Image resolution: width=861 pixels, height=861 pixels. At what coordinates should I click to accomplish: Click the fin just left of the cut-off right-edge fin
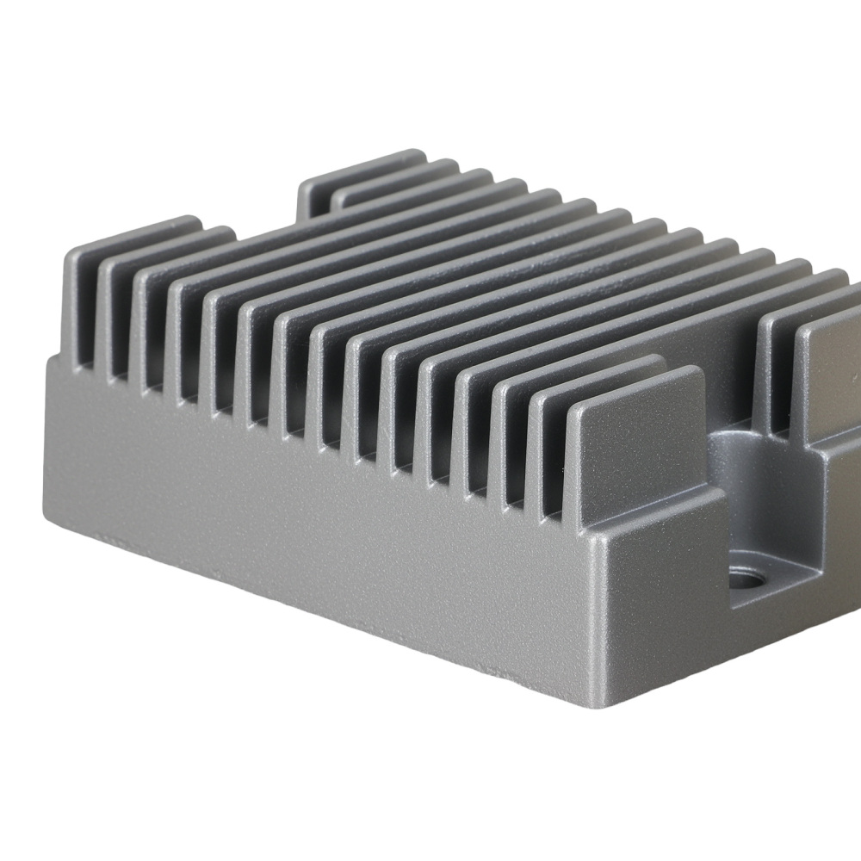(x=779, y=362)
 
